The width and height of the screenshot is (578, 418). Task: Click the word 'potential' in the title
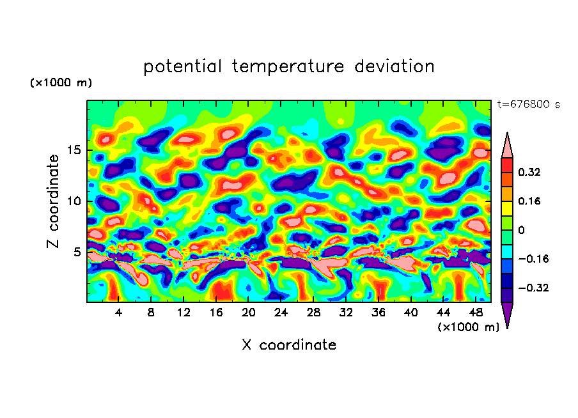tap(183, 66)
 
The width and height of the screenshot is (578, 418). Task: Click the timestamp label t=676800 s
tap(529, 105)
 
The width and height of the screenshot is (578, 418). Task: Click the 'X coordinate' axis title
tap(289, 345)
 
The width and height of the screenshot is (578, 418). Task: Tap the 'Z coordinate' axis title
tap(54, 201)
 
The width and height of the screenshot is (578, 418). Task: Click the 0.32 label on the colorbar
tap(529, 172)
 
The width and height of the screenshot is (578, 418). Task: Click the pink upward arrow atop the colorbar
tap(507, 145)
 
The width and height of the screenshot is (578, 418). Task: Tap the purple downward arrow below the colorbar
tap(507, 315)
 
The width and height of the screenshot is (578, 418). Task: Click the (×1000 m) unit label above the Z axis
tap(61, 83)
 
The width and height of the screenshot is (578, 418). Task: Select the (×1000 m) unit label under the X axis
tap(468, 327)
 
